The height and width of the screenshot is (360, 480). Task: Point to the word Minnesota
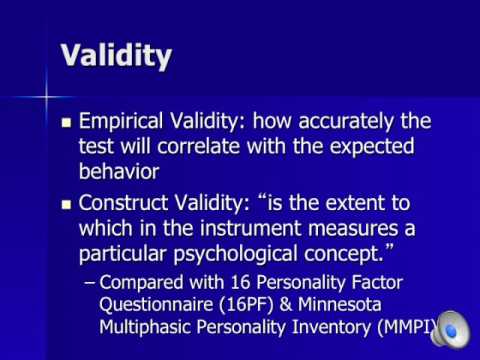(x=345, y=300)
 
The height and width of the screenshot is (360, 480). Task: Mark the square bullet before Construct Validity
(x=68, y=204)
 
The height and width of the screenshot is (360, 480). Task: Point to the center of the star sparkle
(x=45, y=97)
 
